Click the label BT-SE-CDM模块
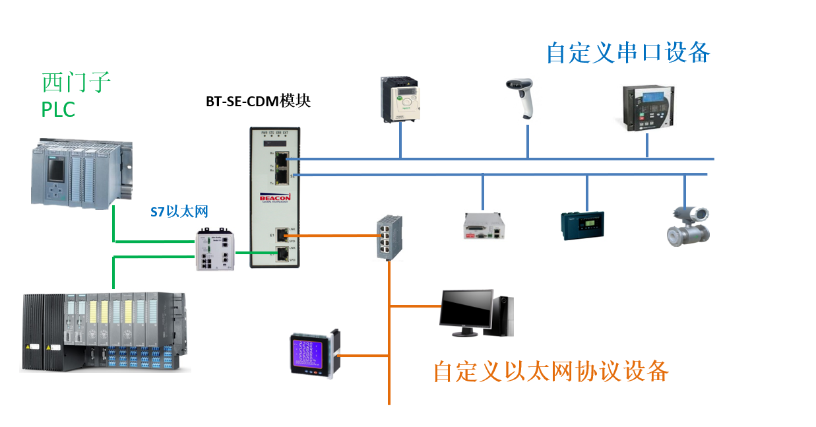coord(258,102)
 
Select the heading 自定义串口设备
coord(627,52)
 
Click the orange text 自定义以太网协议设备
coord(550,372)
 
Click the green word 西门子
coord(76,83)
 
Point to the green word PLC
coord(58,109)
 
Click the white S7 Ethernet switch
coord(215,249)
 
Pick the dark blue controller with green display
coord(582,224)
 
